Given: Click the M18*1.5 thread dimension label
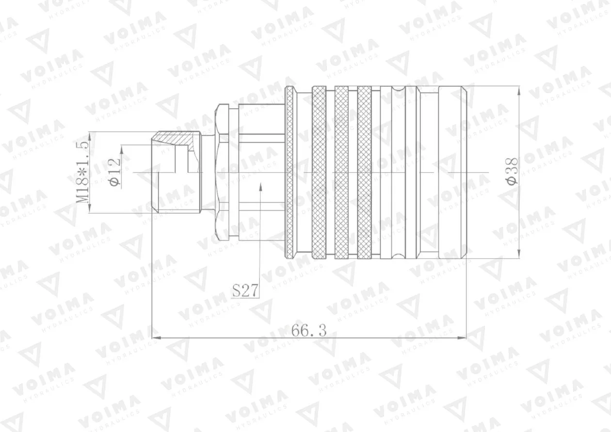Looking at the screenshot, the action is [x=82, y=172].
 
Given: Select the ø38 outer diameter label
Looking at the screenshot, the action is [x=512, y=171].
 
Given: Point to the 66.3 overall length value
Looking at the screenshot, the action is [x=309, y=331].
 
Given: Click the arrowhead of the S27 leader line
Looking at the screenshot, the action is [x=260, y=187].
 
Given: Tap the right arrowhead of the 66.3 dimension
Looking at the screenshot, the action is [x=462, y=338].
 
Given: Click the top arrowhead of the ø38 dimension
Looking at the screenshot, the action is [x=518, y=91].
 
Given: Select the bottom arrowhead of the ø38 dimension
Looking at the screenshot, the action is [x=518, y=253].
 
